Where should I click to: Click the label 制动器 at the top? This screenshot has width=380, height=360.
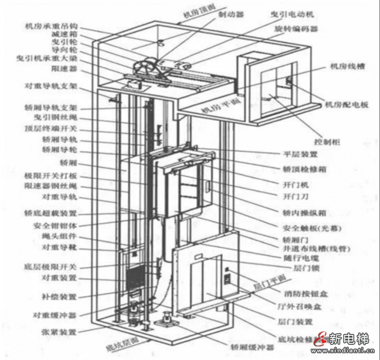click(x=231, y=15)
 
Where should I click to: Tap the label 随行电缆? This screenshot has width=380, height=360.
click(x=299, y=258)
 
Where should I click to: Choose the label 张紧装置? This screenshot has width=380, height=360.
click(x=59, y=331)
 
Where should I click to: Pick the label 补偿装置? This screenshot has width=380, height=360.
click(x=59, y=297)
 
